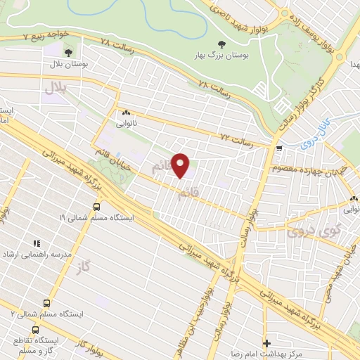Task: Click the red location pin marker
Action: (x=181, y=165)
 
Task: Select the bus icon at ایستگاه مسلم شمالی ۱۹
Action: (x=96, y=207)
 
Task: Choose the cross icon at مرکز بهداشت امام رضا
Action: (x=266, y=343)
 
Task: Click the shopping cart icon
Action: (x=281, y=149)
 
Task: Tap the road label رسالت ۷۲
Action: (x=236, y=136)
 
